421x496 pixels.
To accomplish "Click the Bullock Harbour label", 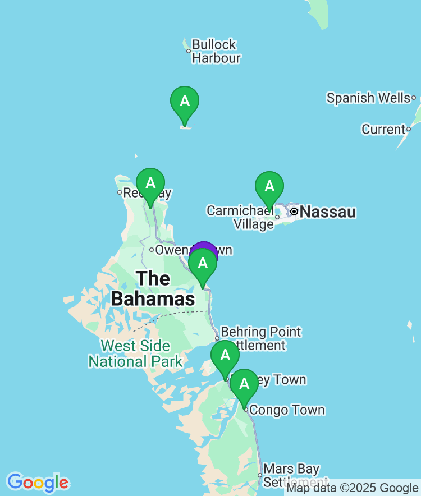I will pyautogui.click(x=216, y=51).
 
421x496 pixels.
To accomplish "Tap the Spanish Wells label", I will pyautogui.click(x=368, y=98).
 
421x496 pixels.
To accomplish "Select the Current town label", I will pyautogui.click(x=383, y=130).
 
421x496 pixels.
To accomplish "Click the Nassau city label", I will pyautogui.click(x=328, y=212).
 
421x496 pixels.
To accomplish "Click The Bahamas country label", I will pyautogui.click(x=153, y=288).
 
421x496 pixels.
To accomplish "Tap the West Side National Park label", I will pyautogui.click(x=135, y=353).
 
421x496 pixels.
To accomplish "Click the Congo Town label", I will pyautogui.click(x=287, y=410).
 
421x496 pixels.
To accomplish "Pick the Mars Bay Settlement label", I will pyautogui.click(x=291, y=475).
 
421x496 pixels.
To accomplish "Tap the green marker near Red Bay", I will pyautogui.click(x=150, y=185).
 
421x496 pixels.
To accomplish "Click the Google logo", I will pyautogui.click(x=38, y=483).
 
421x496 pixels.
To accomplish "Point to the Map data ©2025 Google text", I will pyautogui.click(x=353, y=488).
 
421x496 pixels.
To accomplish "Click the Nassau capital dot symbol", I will pyautogui.click(x=294, y=212).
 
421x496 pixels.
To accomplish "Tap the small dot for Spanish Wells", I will pyautogui.click(x=414, y=98).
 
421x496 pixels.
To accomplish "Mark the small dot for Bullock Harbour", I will pyautogui.click(x=189, y=51).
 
